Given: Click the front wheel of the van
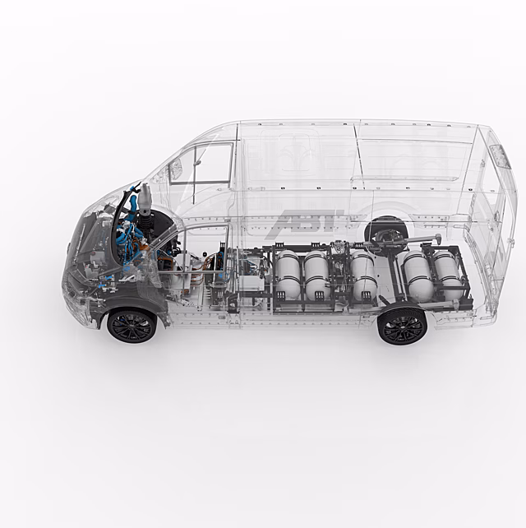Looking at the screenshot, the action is (x=132, y=326).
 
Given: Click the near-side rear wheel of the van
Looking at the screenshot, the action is (x=402, y=327).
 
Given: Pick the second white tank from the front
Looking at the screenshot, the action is (x=317, y=276).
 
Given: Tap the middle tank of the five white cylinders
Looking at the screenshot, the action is (x=363, y=275).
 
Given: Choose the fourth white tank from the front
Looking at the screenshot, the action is (x=418, y=276).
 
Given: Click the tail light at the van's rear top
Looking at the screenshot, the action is (x=500, y=156).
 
